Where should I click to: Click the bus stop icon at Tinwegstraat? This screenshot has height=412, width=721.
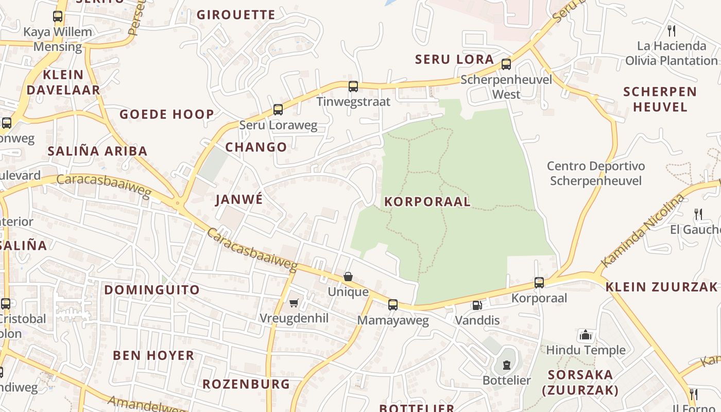tap(353, 86)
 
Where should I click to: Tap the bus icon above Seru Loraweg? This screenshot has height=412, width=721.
tap(278, 109)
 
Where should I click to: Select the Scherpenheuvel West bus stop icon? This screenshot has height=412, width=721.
tap(506, 64)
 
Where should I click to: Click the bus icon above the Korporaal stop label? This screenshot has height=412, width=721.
tap(539, 282)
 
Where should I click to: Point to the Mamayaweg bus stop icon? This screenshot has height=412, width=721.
tap(393, 304)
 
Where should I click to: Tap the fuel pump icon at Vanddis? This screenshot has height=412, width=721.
tap(477, 305)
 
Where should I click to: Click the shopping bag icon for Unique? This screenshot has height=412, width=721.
tap(348, 277)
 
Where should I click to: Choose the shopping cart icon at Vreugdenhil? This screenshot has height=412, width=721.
tap(294, 303)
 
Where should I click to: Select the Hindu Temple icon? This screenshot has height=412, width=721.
tap(586, 335)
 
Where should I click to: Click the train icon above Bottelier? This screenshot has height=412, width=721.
tap(507, 365)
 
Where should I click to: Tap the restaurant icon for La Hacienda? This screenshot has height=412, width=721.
tap(671, 30)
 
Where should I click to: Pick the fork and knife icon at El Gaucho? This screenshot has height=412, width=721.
tap(698, 214)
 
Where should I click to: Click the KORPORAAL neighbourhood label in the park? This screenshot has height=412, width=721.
tap(427, 201)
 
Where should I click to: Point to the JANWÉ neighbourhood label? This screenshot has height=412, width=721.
tap(239, 199)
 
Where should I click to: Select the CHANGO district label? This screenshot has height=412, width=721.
tap(256, 147)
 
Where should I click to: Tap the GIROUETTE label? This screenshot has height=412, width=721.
tap(236, 14)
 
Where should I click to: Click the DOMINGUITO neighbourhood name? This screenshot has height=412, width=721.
tap(152, 289)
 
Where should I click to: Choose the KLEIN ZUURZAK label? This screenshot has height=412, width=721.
tap(661, 287)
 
